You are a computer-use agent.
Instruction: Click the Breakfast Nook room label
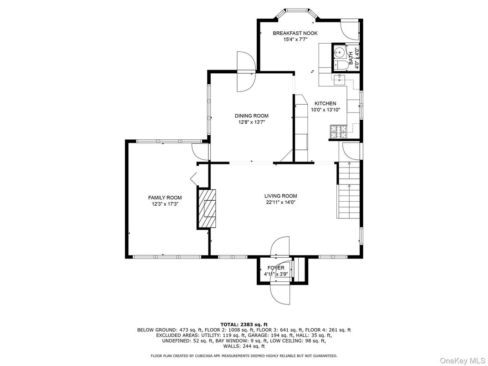tap(295, 33)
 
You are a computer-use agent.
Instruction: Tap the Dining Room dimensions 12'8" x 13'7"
tap(251, 122)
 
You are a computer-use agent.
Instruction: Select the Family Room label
tap(165, 198)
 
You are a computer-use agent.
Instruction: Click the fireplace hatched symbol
tap(207, 208)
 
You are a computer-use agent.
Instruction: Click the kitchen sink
tap(339, 81)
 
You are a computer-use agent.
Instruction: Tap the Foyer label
tap(275, 268)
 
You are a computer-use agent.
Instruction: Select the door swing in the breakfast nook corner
tap(350, 30)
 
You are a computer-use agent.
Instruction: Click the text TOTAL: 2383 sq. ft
tap(244, 324)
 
